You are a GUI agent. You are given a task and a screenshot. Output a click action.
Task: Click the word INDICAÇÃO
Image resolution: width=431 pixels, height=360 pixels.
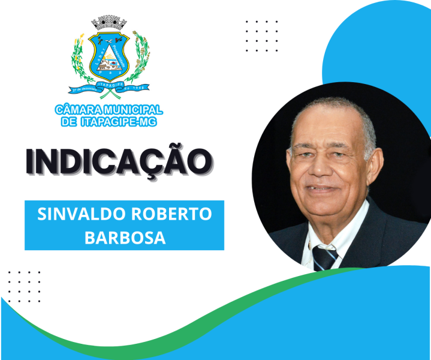(x=119, y=160)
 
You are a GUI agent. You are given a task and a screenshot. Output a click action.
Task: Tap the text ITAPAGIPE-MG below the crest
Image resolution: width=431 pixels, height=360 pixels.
(x=122, y=122)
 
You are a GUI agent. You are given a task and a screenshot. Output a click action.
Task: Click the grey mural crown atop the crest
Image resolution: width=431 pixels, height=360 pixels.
(x=110, y=23)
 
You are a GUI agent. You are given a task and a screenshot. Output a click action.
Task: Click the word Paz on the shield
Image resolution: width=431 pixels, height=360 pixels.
(x=110, y=75)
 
